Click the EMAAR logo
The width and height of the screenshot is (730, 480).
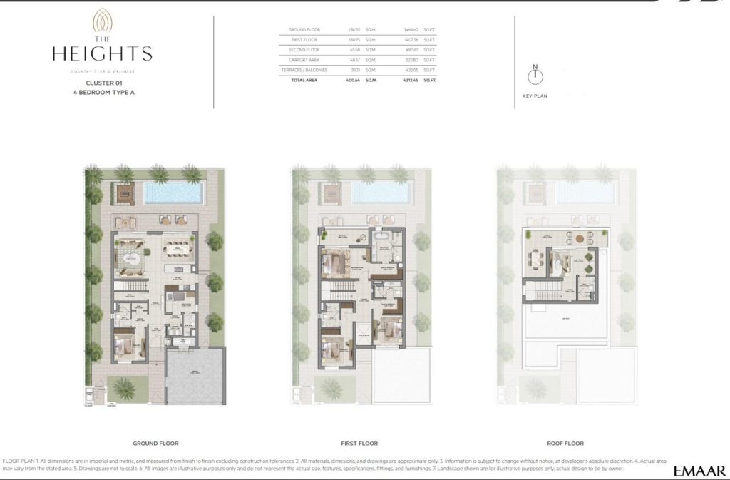coord(699,470)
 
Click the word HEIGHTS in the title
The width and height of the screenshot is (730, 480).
coord(102,53)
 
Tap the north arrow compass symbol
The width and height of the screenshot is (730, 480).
coord(535,75)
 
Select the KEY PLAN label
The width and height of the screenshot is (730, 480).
coord(535,96)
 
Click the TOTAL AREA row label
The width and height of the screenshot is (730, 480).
coord(303,81)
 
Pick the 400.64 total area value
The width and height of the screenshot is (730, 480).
coord(349,81)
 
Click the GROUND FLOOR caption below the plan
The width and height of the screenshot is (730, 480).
coord(155,443)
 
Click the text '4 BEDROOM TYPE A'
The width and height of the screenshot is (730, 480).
coord(105,93)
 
